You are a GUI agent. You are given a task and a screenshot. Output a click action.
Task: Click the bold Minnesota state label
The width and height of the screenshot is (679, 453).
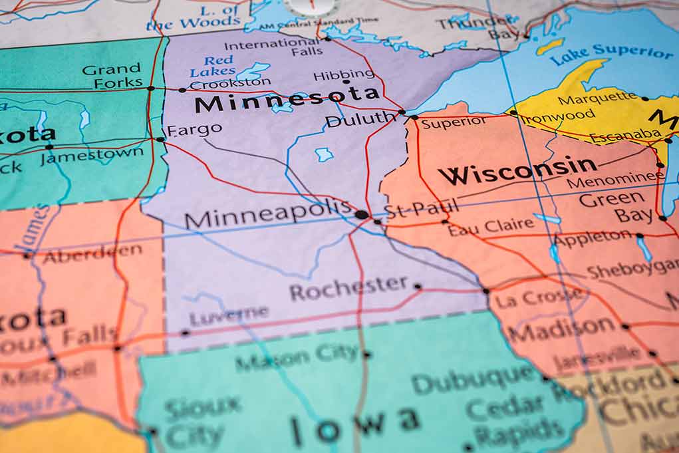[x=287, y=99]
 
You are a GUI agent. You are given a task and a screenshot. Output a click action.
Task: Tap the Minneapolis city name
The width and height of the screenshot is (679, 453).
[x=268, y=214]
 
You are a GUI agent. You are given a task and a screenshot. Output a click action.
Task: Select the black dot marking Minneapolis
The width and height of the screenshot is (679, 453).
[x=361, y=214]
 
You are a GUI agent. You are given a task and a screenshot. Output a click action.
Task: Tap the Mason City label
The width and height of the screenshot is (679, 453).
[x=297, y=358]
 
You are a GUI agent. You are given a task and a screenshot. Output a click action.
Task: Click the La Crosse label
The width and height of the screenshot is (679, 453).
[x=538, y=297]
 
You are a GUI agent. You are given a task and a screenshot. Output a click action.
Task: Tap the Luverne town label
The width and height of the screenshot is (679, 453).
[x=229, y=315]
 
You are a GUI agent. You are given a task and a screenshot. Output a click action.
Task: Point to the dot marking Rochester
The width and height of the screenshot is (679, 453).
[x=418, y=287]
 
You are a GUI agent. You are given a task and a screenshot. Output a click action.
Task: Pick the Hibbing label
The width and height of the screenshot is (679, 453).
[x=343, y=75]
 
